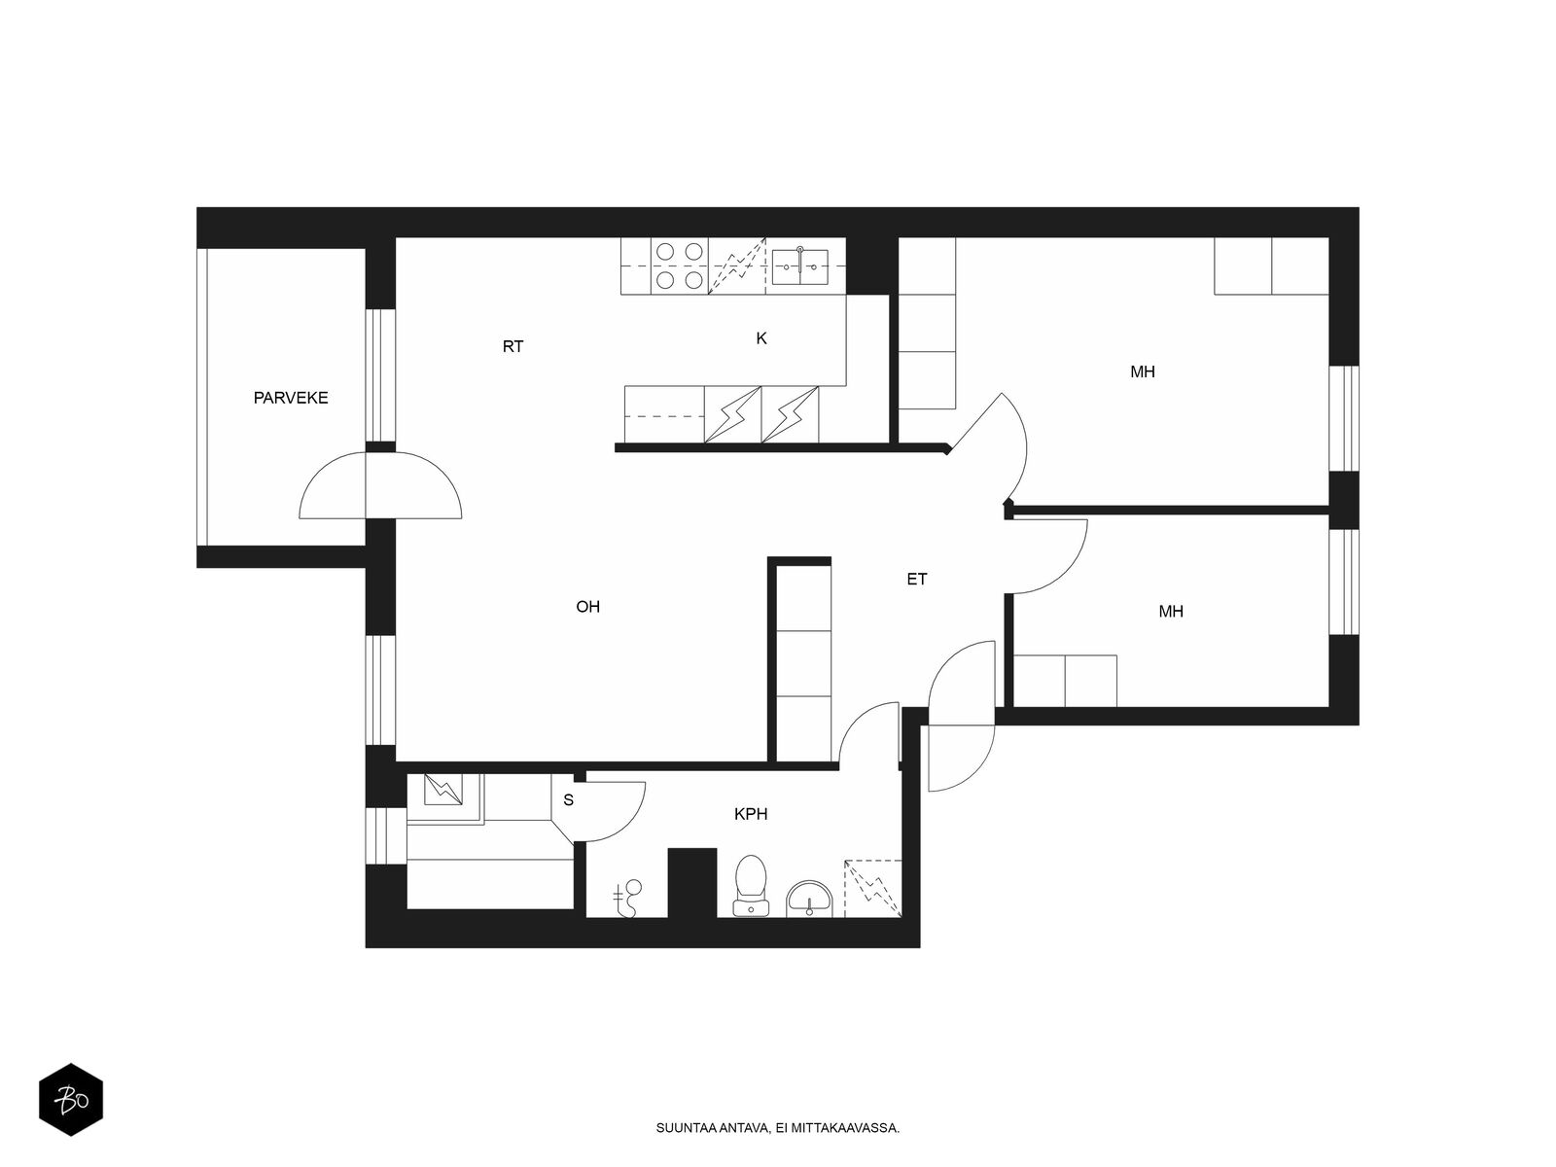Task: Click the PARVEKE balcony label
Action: [x=291, y=398]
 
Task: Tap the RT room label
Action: [x=513, y=346]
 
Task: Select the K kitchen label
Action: [x=761, y=338]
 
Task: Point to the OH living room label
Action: [x=587, y=607]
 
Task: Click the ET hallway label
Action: [x=917, y=580]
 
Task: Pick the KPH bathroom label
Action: [x=751, y=814]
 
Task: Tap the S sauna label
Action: [x=568, y=800]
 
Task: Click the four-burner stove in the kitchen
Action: [x=679, y=265]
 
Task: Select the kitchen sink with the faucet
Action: [x=799, y=266]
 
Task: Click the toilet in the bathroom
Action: [x=751, y=886]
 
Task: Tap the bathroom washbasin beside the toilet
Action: [x=809, y=900]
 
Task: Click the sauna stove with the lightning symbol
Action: [x=443, y=790]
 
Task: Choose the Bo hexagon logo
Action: [x=71, y=1099]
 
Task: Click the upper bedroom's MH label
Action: [x=1142, y=372]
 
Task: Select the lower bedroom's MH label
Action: [x=1170, y=612]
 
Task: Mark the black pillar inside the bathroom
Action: [x=692, y=883]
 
